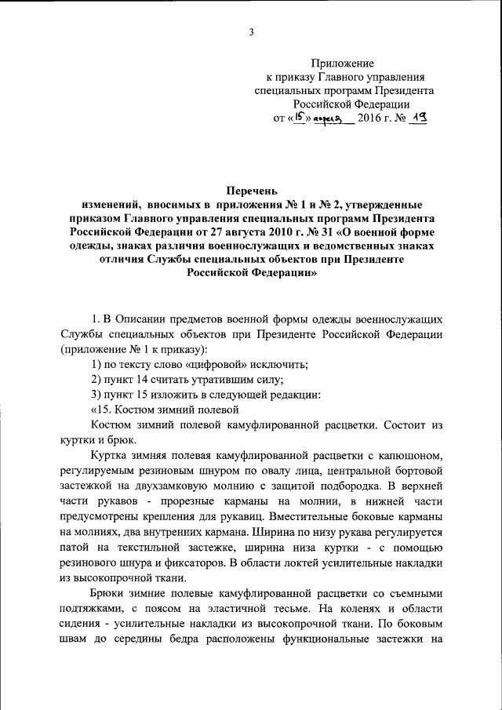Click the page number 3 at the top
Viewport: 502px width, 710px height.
point(251,31)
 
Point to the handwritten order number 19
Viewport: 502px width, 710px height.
point(417,117)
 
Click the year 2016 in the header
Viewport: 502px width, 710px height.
point(371,118)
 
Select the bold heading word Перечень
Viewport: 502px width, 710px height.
point(251,191)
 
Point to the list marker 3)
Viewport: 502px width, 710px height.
point(96,394)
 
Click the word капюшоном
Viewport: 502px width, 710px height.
point(410,454)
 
